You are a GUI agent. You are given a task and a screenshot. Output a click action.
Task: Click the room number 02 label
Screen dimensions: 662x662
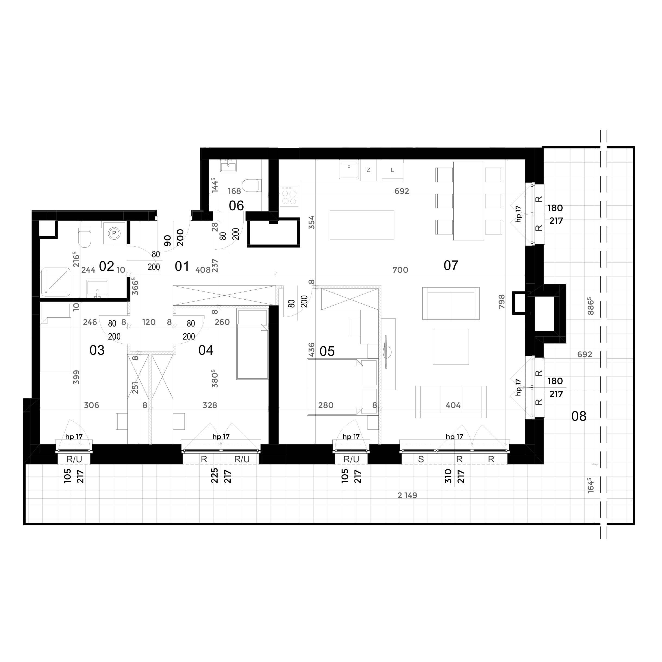pos(106,266)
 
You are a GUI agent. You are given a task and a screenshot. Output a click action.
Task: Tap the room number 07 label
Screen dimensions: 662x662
pos(451,265)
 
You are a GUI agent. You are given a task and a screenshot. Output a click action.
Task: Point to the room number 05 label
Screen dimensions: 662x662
pos(327,351)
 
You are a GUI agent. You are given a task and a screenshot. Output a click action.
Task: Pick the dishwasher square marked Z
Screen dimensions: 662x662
pos(368,170)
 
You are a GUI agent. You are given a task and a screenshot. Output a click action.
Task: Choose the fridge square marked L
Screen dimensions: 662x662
pos(392,170)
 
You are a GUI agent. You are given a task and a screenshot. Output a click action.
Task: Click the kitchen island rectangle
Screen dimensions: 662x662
pos(362,225)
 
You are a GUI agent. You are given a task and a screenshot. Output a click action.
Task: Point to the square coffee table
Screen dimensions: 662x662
pos(451,347)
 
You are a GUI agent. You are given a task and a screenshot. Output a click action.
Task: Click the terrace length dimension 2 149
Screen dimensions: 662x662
pos(407,495)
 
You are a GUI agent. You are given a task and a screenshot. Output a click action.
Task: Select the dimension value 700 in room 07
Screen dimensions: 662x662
pos(400,270)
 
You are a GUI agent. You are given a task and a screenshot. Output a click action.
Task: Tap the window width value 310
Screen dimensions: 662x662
pos(448,476)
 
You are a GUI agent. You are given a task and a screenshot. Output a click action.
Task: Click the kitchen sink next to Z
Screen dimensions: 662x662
pos(349,170)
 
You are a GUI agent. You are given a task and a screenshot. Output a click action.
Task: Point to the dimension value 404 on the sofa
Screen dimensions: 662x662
pos(453,405)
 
